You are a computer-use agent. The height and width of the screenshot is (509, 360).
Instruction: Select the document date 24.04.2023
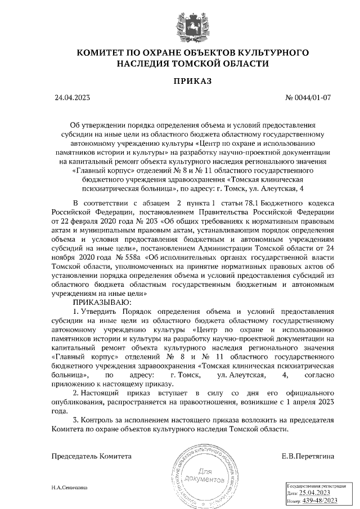click(73, 97)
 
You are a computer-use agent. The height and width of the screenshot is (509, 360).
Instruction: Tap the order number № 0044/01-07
click(309, 97)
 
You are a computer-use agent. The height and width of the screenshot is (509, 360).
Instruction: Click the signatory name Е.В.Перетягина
click(308, 456)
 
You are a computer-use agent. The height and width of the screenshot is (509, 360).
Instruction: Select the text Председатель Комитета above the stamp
click(92, 456)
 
